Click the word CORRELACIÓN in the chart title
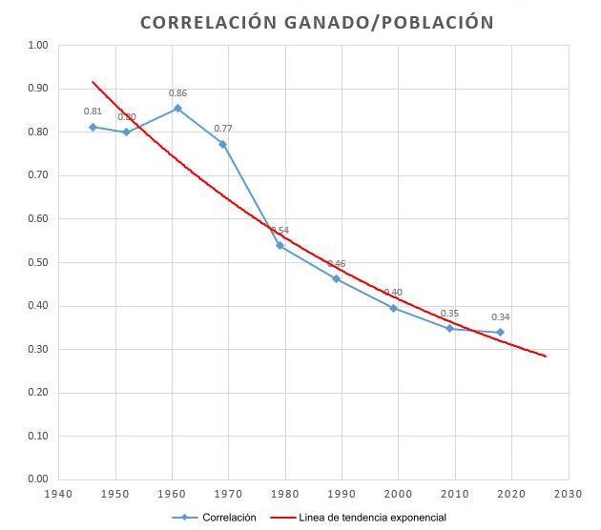point(205,21)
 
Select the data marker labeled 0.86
point(177,108)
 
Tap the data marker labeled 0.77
point(222,144)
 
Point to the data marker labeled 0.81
point(93,127)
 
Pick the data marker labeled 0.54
point(280,245)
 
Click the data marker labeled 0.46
point(336,278)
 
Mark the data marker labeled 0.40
point(393,308)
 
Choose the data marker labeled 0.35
point(449,328)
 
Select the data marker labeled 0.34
point(500,332)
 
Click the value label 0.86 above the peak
point(177,93)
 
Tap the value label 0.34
point(500,317)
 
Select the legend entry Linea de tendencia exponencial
point(368,518)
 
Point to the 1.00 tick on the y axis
point(38,46)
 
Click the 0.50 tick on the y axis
point(38,262)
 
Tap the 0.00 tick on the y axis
point(38,479)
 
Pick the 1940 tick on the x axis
point(59,495)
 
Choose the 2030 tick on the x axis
point(569,495)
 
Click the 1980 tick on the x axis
point(285,495)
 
